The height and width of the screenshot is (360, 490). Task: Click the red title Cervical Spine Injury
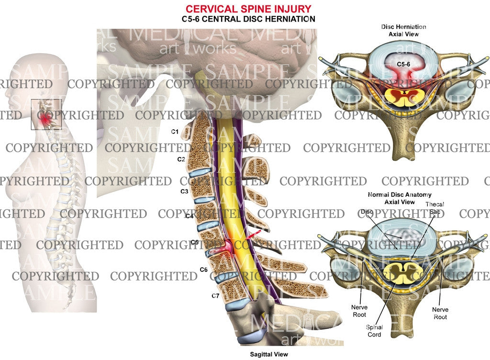[x=248, y=9]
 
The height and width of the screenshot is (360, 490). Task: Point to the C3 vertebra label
[x=184, y=191]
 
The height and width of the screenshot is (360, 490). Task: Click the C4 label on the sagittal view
[x=189, y=216]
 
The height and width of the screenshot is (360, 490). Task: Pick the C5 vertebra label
[x=194, y=242]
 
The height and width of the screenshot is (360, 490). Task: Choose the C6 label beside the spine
[x=203, y=270]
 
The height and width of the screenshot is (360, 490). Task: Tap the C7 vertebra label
[x=215, y=296]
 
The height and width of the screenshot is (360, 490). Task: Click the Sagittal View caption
[x=268, y=355]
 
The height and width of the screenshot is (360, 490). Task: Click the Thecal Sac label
[x=434, y=208]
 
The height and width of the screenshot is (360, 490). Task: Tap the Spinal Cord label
[x=374, y=331]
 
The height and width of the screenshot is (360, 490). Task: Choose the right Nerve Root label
[x=440, y=313]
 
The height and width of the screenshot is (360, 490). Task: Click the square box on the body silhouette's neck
[x=46, y=114]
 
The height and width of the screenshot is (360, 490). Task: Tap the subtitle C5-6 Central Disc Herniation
[x=248, y=19]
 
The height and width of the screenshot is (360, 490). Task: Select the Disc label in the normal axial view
[x=367, y=211]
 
